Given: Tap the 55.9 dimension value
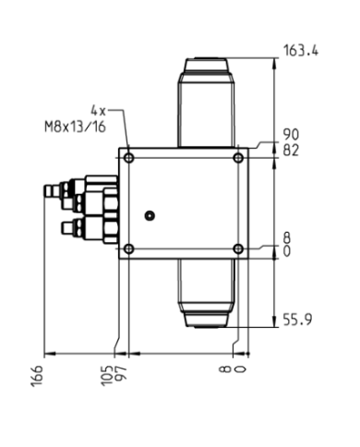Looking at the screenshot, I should [x=296, y=320].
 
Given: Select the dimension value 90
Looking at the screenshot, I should [x=291, y=135].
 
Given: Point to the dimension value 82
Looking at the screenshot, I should [x=291, y=148].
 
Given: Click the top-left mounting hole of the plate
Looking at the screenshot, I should [x=128, y=158].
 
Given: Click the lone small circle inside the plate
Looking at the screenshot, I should [x=150, y=215].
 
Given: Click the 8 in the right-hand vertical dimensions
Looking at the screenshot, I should [x=288, y=236].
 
